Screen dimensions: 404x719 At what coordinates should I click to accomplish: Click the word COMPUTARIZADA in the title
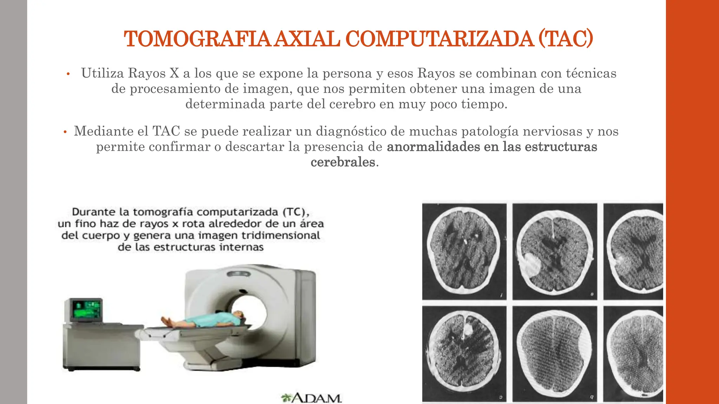point(440,39)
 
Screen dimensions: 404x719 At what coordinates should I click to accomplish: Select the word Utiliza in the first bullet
point(103,73)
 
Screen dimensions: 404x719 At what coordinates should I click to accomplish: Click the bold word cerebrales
point(343,162)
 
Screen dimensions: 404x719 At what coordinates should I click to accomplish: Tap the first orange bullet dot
point(68,74)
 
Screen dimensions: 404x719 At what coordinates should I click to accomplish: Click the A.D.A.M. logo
point(311,398)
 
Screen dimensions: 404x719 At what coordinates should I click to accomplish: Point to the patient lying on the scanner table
point(204,319)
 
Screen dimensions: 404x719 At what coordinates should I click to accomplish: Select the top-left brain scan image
point(464,251)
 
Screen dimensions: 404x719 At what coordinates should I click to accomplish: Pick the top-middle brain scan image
point(555,251)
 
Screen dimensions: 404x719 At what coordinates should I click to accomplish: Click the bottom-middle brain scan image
point(555,353)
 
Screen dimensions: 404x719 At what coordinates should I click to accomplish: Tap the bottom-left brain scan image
point(464,353)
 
